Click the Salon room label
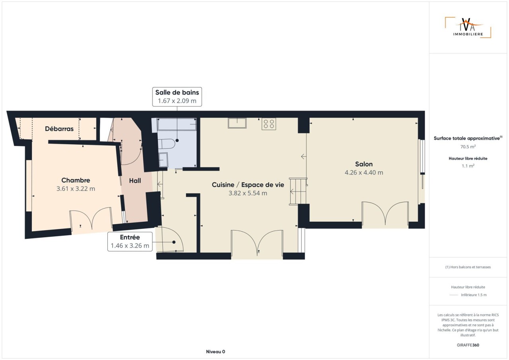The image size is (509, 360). [x=364, y=164]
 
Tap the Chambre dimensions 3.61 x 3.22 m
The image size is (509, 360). [x=76, y=189]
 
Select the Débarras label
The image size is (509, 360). [x=59, y=129]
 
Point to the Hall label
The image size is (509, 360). [x=135, y=181]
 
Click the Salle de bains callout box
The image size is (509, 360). [x=177, y=97]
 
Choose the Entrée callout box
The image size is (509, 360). [x=130, y=242]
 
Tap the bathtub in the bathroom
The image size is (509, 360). [x=177, y=124]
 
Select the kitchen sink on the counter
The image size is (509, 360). [x=237, y=123]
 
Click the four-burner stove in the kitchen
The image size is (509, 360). [x=269, y=124]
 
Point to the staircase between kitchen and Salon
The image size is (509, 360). [x=298, y=192]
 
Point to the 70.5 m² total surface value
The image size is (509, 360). [x=468, y=147]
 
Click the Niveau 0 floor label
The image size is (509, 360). [x=216, y=352]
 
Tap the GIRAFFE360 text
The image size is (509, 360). [x=468, y=345]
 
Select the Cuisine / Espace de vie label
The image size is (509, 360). [x=248, y=185]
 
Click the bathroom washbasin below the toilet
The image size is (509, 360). [x=163, y=160]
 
